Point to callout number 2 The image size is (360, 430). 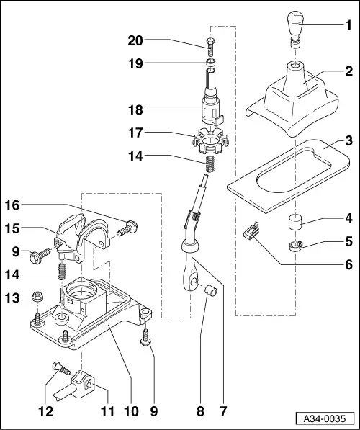[x=349, y=91]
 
